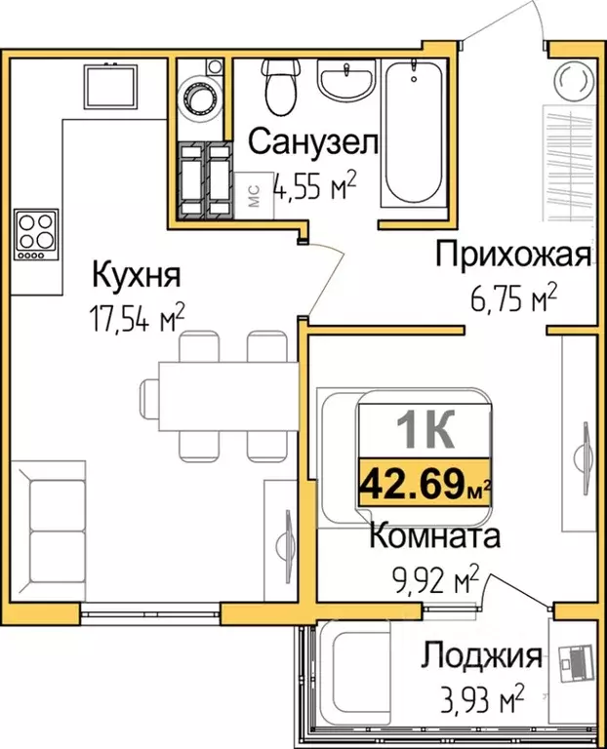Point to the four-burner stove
[x=36, y=234]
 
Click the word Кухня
[x=136, y=276]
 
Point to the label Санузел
[x=313, y=142]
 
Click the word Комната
[x=435, y=535]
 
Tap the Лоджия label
[x=481, y=655]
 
